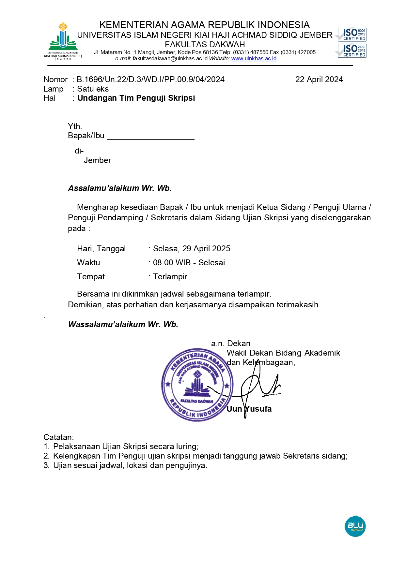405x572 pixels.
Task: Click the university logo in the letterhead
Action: pos(63,41)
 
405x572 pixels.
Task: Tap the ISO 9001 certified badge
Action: pos(352,34)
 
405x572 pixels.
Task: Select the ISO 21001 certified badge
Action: pos(352,51)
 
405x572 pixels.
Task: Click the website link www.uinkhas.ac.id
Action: pos(254,59)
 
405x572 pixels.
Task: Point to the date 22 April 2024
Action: pos(319,80)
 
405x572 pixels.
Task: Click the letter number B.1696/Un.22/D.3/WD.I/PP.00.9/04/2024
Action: pos(150,80)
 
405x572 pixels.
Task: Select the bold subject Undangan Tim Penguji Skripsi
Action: pos(136,98)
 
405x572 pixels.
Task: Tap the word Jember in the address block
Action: pos(97,160)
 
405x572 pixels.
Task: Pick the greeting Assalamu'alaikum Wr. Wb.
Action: pos(120,188)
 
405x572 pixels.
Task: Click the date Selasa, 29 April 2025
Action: pos(192,249)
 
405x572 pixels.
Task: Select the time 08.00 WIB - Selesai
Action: pos(189,263)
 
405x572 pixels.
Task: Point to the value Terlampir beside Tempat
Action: pos(170,277)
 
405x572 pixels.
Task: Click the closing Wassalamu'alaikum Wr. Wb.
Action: pos(123,325)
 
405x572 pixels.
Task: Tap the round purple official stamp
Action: pos(197,385)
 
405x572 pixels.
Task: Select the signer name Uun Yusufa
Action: pos(249,409)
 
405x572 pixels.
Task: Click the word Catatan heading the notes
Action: pos(58,437)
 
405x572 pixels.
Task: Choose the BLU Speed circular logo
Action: pos(355,526)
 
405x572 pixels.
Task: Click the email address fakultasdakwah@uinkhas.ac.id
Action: pos(170,59)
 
